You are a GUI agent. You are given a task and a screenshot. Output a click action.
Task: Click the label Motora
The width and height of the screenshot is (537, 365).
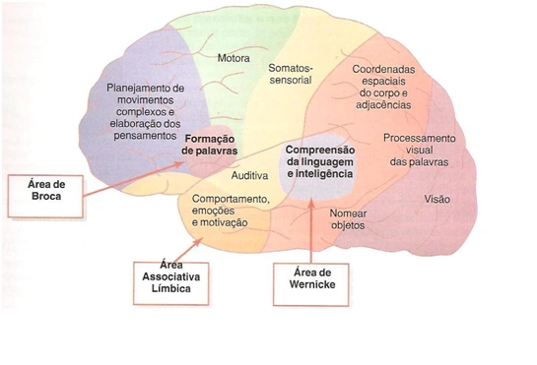pyautogui.click(x=234, y=58)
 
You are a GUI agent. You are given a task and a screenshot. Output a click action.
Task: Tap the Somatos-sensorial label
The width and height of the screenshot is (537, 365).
pyautogui.click(x=291, y=74)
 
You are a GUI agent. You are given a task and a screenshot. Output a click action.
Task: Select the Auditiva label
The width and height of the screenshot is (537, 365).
pyautogui.click(x=249, y=175)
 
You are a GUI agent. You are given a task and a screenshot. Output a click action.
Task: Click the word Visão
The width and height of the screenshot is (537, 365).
pyautogui.click(x=437, y=199)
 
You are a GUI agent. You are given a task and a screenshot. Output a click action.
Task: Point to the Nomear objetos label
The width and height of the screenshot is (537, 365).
pyautogui.click(x=348, y=219)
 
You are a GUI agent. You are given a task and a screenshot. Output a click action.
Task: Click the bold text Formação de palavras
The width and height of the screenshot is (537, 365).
pyautogui.click(x=210, y=145)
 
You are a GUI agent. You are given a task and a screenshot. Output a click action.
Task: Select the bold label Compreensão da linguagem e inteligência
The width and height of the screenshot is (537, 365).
pyautogui.click(x=320, y=161)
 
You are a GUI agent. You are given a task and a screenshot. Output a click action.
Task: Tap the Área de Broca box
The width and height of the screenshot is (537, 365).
pyautogui.click(x=45, y=197)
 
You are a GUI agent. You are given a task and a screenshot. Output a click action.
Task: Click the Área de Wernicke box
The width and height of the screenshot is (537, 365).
pyautogui.click(x=311, y=284)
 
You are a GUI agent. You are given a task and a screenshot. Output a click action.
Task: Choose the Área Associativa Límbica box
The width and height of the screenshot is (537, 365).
pyautogui.click(x=170, y=283)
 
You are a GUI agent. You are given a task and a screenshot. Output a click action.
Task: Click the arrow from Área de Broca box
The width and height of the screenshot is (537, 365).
pyautogui.click(x=134, y=179)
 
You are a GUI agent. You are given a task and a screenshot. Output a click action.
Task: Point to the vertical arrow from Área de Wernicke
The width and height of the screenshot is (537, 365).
pyautogui.click(x=311, y=231)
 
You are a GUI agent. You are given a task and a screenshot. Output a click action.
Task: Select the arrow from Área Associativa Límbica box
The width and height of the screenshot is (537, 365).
pyautogui.click(x=188, y=251)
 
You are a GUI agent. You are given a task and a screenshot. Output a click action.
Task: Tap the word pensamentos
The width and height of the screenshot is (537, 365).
pyautogui.click(x=145, y=136)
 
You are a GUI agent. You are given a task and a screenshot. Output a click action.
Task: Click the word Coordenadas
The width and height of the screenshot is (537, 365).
pyautogui.click(x=383, y=70)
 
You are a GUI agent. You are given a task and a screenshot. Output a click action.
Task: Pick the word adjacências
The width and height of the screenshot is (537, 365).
pyautogui.click(x=383, y=104)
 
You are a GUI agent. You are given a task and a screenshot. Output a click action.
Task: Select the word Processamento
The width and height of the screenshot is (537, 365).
pyautogui.click(x=419, y=138)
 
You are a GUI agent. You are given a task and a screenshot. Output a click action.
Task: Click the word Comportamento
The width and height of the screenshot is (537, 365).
pyautogui.click(x=231, y=199)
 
